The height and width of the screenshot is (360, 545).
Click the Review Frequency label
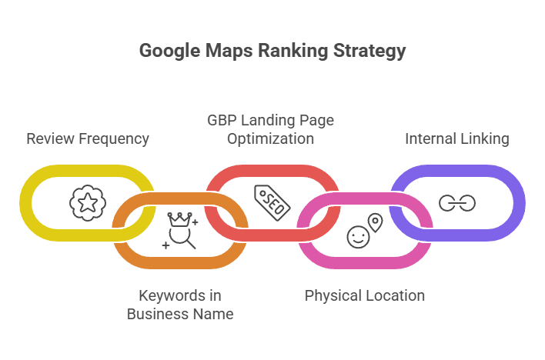[88, 139]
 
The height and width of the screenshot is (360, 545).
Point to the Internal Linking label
[457, 139]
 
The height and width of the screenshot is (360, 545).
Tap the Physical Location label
[365, 295]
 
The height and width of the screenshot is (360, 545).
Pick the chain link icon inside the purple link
[457, 203]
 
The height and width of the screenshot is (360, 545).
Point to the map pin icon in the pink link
[375, 223]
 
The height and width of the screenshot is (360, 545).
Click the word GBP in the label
[223, 121]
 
